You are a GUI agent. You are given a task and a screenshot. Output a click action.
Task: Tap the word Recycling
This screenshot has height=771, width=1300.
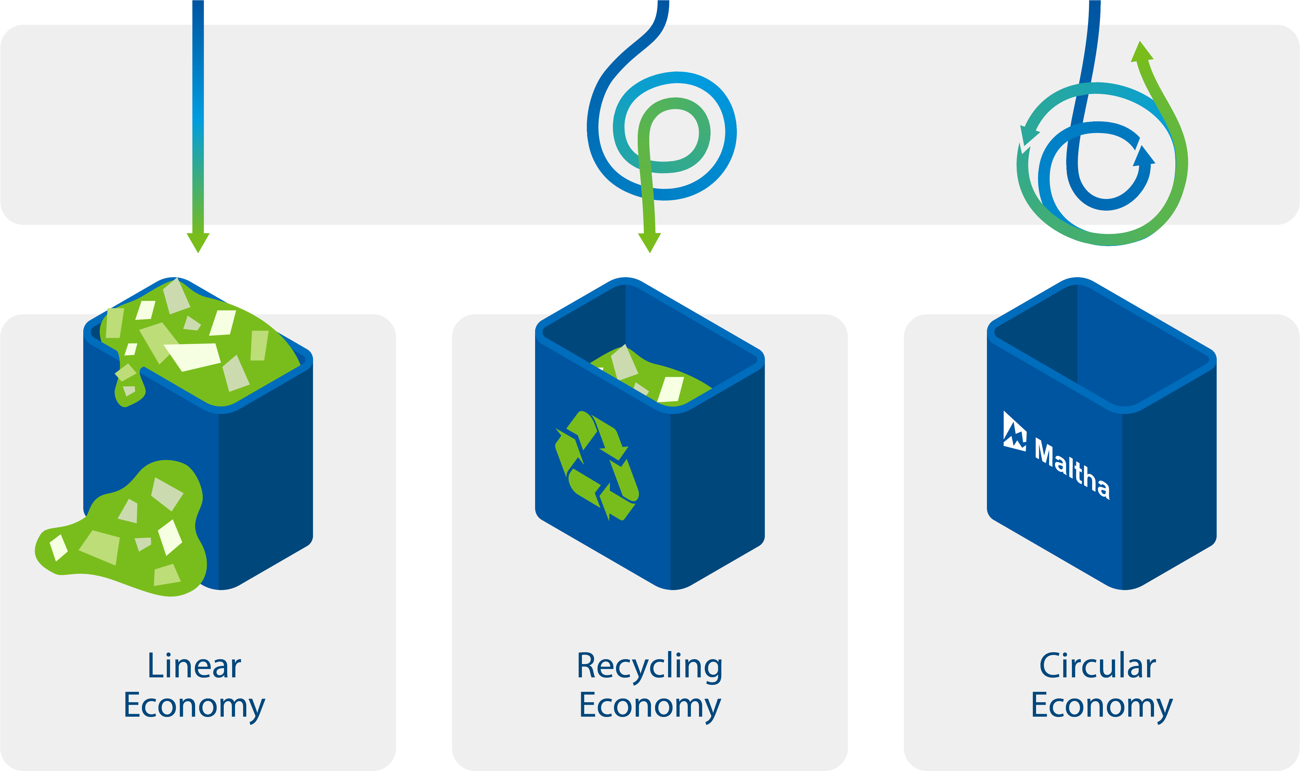coord(650,667)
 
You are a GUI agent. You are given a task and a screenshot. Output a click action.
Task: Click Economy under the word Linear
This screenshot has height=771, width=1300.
coord(194,705)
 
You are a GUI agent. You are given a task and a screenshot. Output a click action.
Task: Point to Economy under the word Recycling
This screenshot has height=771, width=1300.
coord(650,705)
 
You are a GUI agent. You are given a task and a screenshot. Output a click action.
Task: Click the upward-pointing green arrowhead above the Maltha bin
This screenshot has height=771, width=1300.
coord(1142,52)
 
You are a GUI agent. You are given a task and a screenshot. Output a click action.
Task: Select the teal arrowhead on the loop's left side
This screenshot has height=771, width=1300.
coord(1029,136)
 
